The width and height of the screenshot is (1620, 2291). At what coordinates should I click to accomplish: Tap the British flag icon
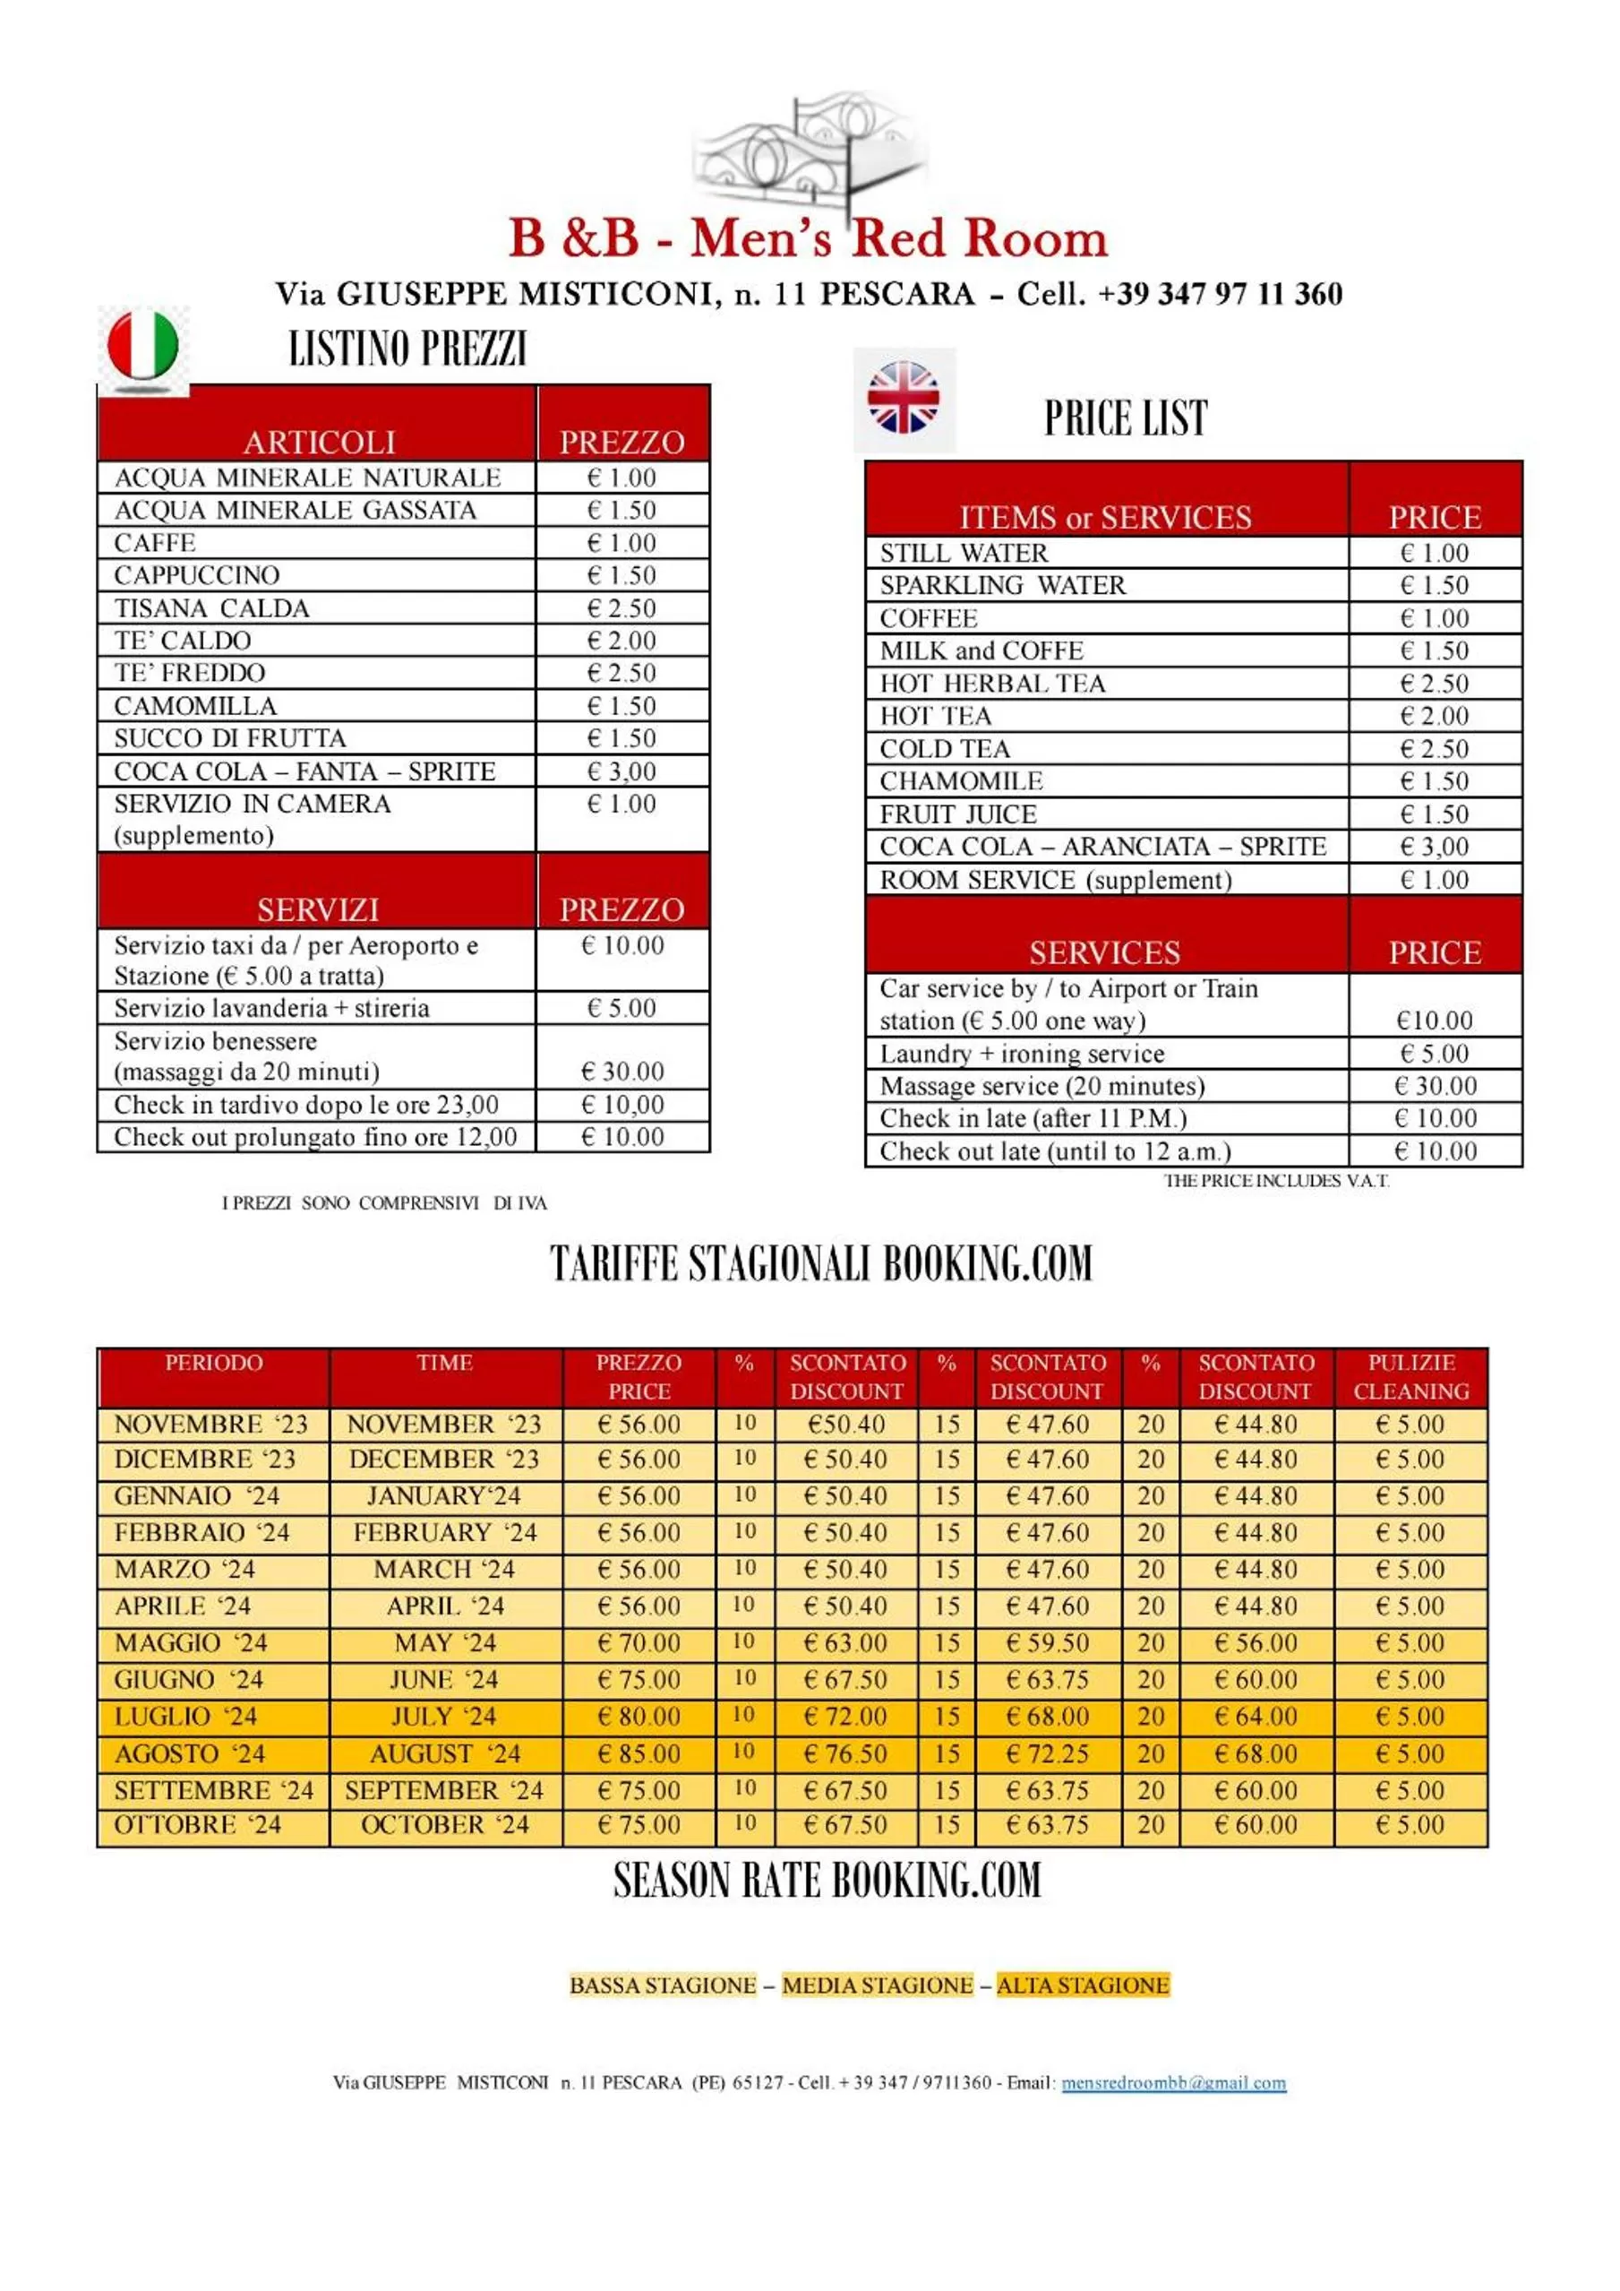903,398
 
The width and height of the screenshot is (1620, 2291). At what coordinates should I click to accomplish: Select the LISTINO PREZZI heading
407,349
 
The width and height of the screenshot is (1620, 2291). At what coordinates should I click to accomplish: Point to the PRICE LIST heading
1125,418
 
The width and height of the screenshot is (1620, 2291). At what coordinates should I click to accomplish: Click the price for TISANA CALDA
621,607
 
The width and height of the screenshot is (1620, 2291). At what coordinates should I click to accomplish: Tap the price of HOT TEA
1435,716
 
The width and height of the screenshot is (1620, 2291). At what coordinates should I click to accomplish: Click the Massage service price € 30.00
1435,1086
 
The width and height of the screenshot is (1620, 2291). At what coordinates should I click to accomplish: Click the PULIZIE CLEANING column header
1410,1377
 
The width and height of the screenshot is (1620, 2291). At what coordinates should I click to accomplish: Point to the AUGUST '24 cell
445,1753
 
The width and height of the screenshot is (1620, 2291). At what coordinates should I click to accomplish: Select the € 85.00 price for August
639,1753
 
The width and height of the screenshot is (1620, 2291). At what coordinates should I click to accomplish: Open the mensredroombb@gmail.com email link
1173,2082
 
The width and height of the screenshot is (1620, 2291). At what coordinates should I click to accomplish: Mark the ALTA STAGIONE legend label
1083,1985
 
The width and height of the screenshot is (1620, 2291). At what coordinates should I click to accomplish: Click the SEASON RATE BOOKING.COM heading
827,1880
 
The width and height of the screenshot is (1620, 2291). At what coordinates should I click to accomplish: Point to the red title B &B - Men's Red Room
808,239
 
